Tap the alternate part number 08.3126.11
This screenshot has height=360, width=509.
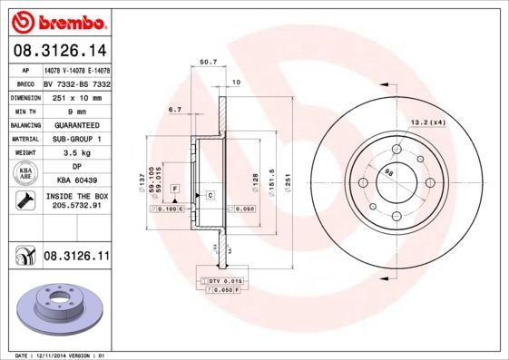point(77,258)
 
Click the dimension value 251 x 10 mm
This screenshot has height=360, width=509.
point(77,96)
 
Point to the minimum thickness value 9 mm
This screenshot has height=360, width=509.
point(77,110)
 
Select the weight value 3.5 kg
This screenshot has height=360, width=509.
point(77,153)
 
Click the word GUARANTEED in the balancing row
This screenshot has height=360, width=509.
point(77,124)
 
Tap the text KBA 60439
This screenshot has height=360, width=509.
point(77,182)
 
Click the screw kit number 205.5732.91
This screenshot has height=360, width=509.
point(77,205)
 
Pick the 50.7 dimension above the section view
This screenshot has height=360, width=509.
point(207,63)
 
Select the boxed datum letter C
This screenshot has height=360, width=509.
point(210,196)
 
